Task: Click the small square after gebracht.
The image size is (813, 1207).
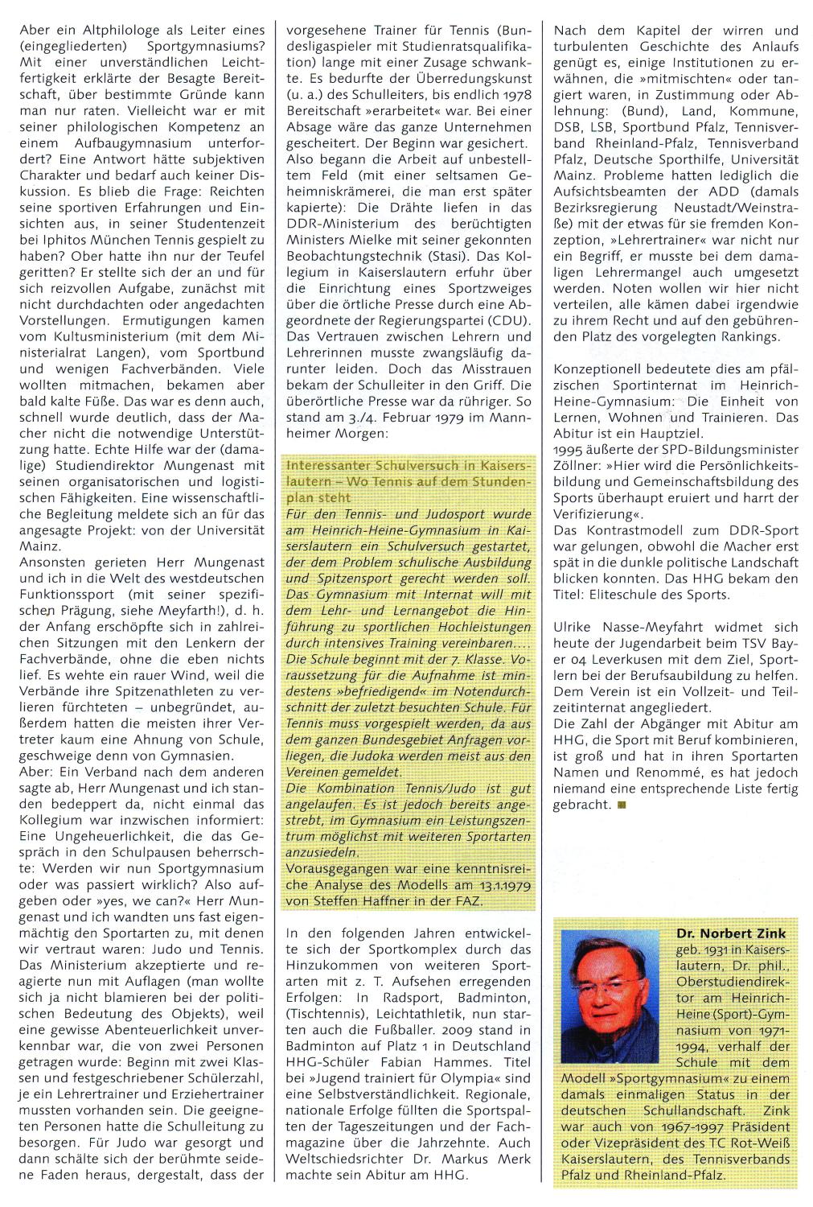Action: pos(621,805)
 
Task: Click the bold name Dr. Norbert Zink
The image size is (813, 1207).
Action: pos(731,933)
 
